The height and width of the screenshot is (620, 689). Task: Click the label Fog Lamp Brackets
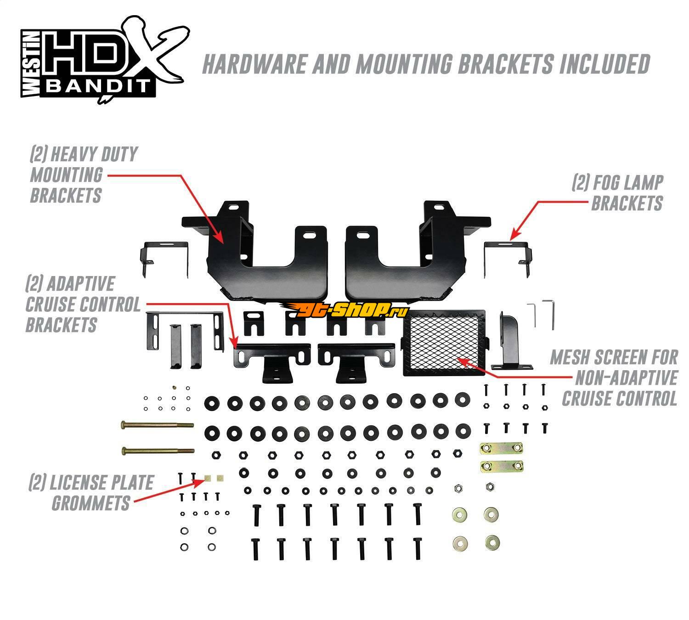[x=618, y=193]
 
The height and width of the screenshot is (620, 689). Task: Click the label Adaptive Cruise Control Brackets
[x=83, y=304]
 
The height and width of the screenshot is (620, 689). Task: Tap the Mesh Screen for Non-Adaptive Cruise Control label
[x=616, y=378]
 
